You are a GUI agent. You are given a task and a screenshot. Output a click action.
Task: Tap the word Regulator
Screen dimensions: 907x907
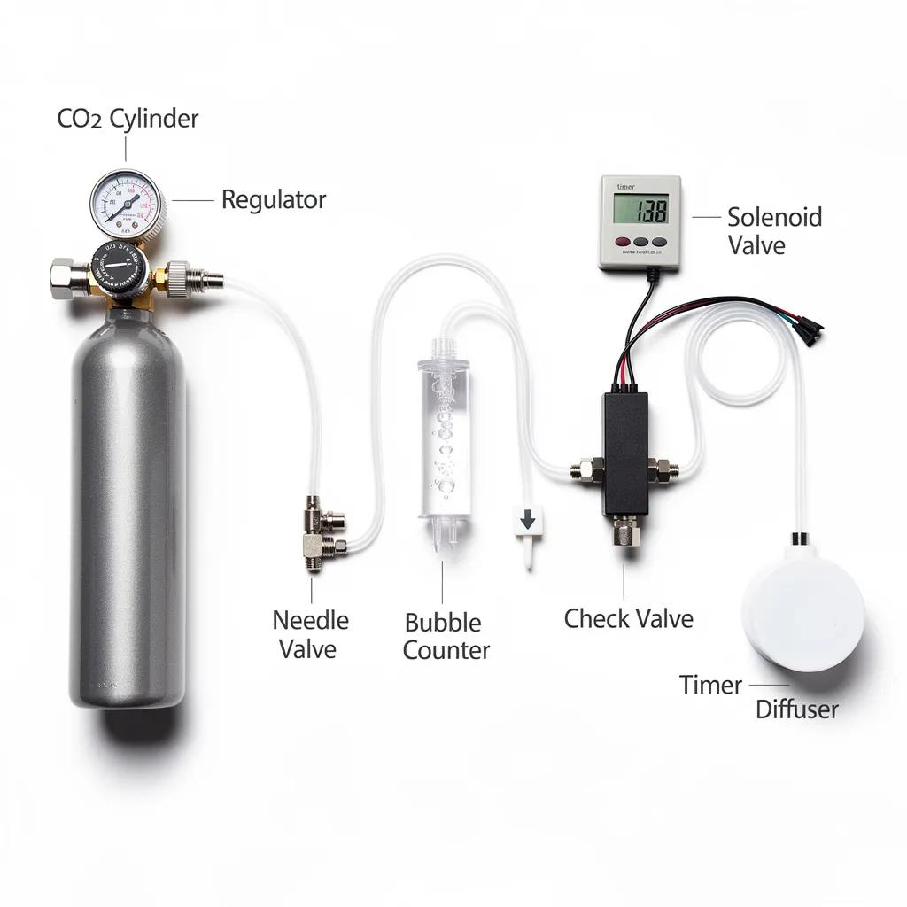273,199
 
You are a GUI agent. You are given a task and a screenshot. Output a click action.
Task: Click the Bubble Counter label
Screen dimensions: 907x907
446,636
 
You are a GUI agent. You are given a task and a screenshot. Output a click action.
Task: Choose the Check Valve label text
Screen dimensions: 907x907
628,618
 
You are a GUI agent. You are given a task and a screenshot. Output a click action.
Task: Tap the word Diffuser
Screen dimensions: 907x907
796,709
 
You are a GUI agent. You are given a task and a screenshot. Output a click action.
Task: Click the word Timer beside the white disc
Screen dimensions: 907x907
710,685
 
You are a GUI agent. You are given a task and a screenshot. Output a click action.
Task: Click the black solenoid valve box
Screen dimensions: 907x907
625,453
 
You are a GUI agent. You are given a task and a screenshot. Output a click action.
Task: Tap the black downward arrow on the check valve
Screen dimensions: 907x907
527,519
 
